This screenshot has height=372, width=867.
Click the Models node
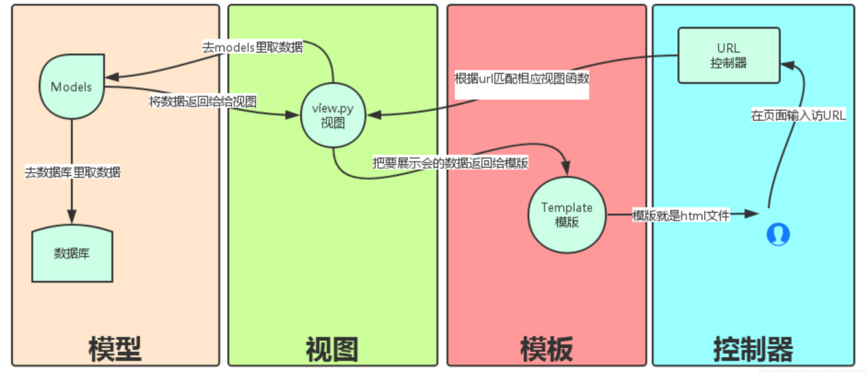click(72, 87)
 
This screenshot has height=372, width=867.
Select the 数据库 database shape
click(72, 254)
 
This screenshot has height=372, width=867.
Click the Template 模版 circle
click(566, 215)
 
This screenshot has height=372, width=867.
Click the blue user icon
click(778, 234)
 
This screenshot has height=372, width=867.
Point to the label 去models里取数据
click(253, 48)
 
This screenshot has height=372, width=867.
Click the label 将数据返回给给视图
click(203, 102)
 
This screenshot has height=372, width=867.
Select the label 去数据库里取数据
click(73, 172)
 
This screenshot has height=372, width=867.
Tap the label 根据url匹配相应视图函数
click(522, 78)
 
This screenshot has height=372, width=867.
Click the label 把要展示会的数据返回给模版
click(450, 164)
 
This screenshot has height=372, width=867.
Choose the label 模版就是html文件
click(681, 216)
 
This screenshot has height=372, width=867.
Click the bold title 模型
click(114, 349)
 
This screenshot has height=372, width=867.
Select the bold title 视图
click(332, 349)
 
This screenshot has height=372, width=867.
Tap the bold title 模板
click(546, 349)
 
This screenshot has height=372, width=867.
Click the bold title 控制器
click(753, 349)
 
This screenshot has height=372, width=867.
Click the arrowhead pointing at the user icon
click(756, 216)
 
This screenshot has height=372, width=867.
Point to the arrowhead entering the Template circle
click(566, 173)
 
